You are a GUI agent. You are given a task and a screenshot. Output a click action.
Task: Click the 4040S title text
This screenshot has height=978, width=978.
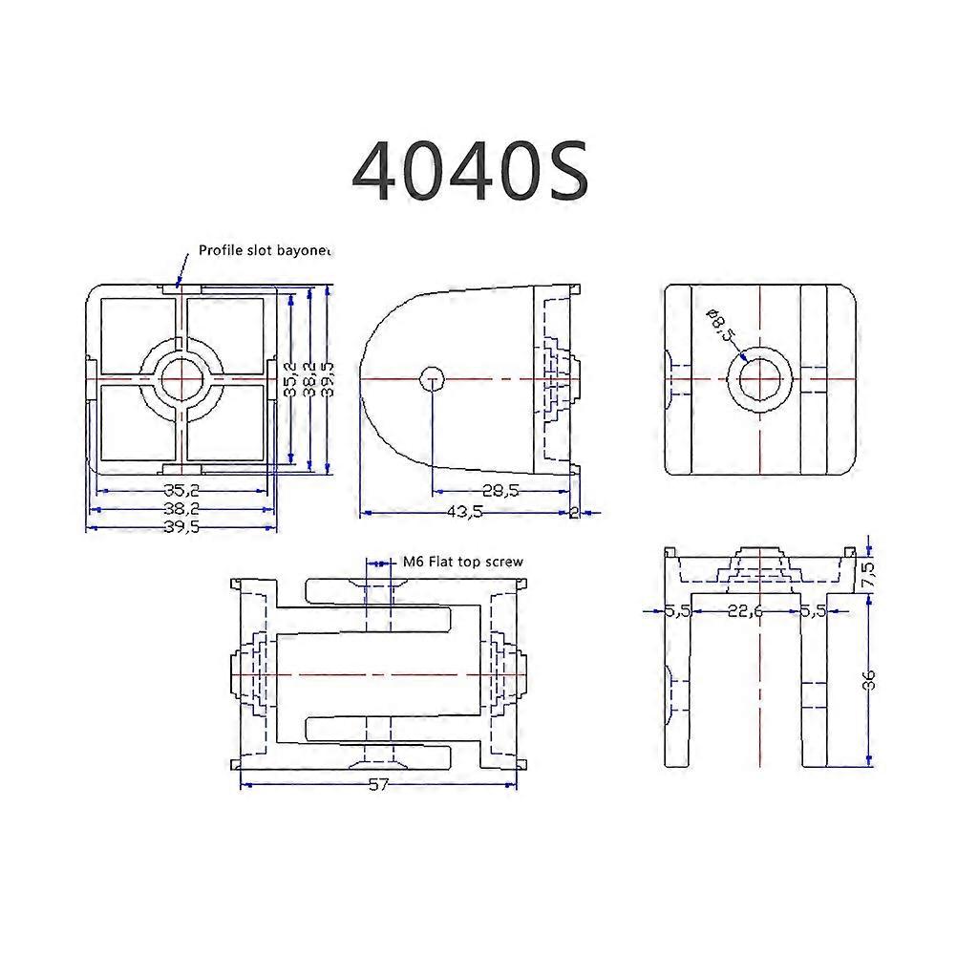point(469,172)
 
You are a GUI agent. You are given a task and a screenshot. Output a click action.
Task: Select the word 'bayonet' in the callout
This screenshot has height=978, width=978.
point(303,251)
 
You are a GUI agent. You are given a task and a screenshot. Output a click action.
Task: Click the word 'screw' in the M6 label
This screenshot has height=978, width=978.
point(505,562)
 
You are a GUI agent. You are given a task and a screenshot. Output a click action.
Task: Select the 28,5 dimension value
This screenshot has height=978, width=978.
point(500,491)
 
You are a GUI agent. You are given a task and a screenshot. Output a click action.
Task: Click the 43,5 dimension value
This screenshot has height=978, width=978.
point(464,512)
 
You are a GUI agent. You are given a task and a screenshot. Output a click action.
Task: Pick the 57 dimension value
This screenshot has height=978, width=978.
point(380,784)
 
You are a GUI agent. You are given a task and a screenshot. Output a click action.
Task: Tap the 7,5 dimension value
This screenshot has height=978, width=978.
point(868,573)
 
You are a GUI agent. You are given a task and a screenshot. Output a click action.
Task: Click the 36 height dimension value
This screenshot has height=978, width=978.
point(868,680)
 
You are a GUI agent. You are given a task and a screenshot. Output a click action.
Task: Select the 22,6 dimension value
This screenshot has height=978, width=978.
point(745,612)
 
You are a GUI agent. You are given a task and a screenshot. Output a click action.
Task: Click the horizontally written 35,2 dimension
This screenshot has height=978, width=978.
point(181,491)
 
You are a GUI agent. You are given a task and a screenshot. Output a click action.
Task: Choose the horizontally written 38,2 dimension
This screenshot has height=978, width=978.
point(181,510)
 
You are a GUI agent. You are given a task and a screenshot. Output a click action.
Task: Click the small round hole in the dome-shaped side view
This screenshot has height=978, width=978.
point(433,378)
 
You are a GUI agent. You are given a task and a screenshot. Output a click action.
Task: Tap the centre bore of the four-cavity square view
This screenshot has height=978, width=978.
point(181,380)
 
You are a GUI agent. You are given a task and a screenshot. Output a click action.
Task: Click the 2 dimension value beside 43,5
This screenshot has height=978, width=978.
point(574,512)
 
